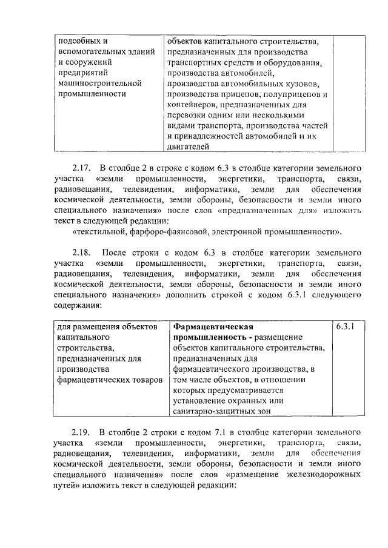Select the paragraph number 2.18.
click(81, 252)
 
